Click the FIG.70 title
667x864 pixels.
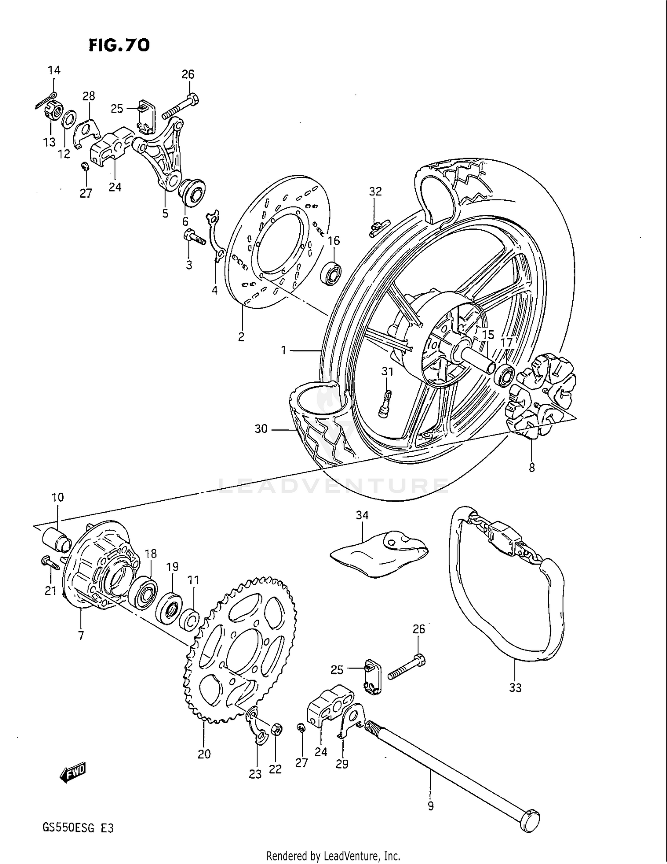click(119, 45)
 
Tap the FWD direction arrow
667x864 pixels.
click(72, 775)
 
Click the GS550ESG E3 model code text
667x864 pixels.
click(78, 828)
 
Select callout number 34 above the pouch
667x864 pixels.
click(362, 515)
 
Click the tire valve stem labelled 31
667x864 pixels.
click(385, 403)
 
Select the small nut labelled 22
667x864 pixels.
click(276, 729)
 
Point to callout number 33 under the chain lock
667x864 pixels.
click(515, 688)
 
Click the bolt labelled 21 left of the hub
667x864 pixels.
click(50, 564)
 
